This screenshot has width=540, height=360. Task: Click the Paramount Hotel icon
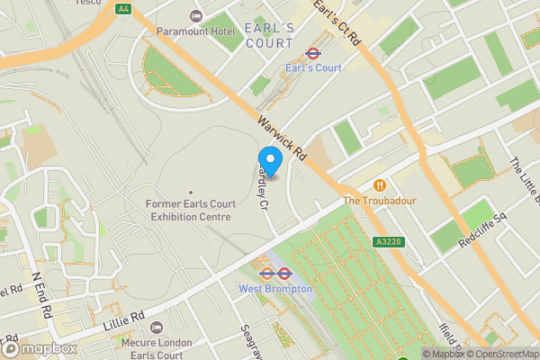pos(197,16)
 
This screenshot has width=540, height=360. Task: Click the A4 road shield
pos(122,9)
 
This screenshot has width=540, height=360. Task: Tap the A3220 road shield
pos(389,241)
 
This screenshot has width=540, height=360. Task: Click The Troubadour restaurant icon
pos(379,184)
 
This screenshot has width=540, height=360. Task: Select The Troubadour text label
pos(379,200)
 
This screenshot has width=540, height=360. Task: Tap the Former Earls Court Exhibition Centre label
pos(189,211)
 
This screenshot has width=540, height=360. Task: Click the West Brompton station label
pos(274,288)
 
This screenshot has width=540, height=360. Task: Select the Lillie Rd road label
pos(126,320)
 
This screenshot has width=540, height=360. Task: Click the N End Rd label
pos(41,292)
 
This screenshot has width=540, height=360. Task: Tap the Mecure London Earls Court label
pos(157,349)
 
